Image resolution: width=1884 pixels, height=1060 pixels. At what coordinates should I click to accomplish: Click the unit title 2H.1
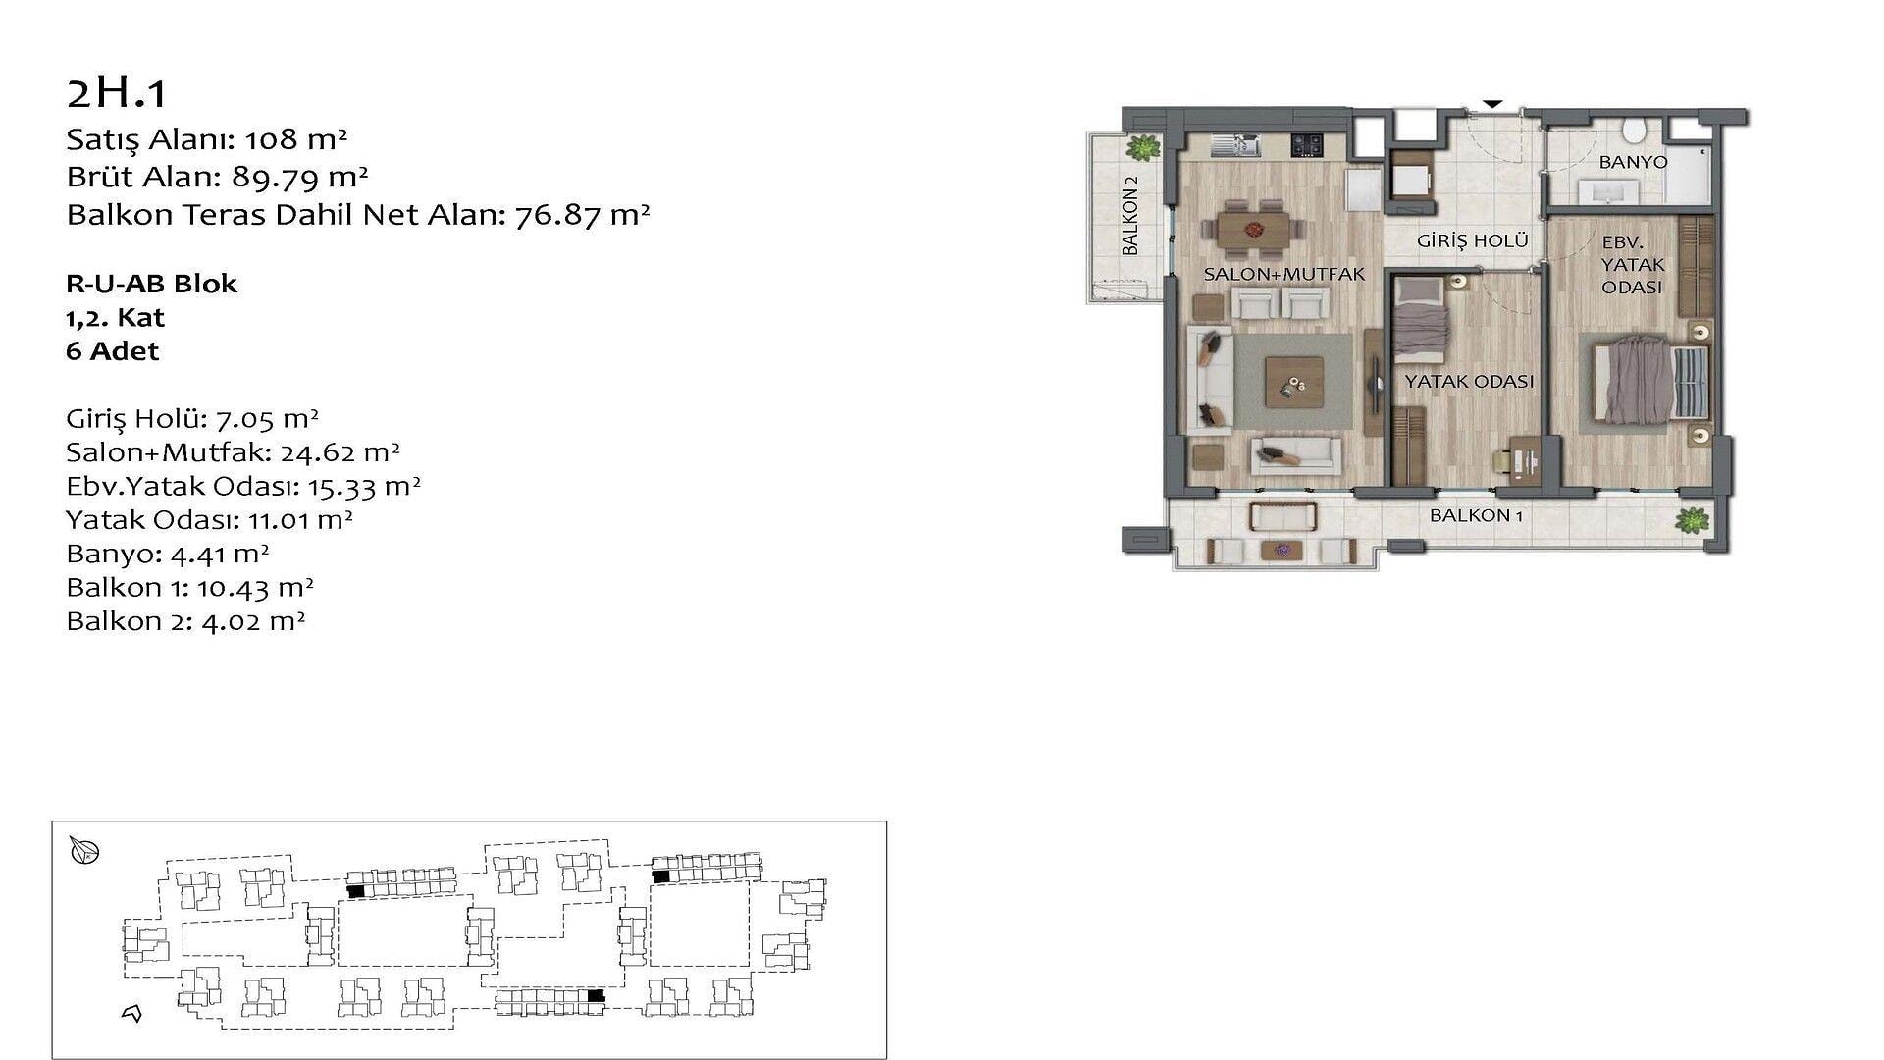click(x=117, y=93)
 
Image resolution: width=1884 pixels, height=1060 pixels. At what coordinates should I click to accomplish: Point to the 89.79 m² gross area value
click(x=300, y=177)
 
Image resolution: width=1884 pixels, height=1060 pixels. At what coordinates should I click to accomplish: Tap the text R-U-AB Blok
click(x=151, y=284)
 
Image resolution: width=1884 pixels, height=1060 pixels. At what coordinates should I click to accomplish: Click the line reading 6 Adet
click(x=112, y=351)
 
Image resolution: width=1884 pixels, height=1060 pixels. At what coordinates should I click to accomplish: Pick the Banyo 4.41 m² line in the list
click(x=167, y=554)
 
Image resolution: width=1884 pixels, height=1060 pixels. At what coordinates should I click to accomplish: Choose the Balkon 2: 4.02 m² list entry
click(x=185, y=621)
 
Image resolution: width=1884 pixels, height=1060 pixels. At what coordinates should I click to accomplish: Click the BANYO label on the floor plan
click(x=1633, y=162)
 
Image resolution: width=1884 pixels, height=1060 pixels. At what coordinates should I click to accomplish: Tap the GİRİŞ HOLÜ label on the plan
click(x=1473, y=240)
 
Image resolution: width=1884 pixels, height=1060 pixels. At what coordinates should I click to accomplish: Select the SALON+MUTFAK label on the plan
click(x=1284, y=275)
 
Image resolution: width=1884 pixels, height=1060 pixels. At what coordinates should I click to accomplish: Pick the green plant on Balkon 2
click(x=1141, y=148)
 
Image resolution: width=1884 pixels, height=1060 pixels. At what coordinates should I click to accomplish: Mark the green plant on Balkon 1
click(x=1693, y=520)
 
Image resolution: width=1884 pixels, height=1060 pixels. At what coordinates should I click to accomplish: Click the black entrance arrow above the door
click(x=1492, y=104)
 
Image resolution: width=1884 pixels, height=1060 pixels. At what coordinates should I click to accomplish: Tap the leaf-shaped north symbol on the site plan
click(x=84, y=851)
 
